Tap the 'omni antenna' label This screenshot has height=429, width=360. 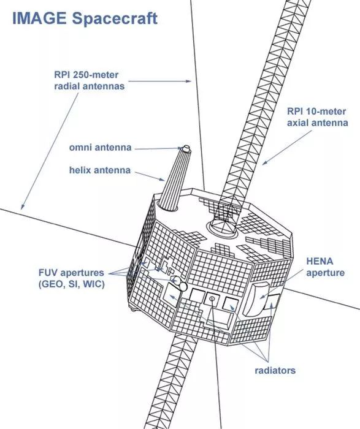pyautogui.click(x=100, y=148)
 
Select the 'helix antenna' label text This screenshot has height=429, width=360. pyautogui.click(x=100, y=170)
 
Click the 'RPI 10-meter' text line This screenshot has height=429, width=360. pyautogui.click(x=316, y=112)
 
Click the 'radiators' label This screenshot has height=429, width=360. pyautogui.click(x=275, y=370)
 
